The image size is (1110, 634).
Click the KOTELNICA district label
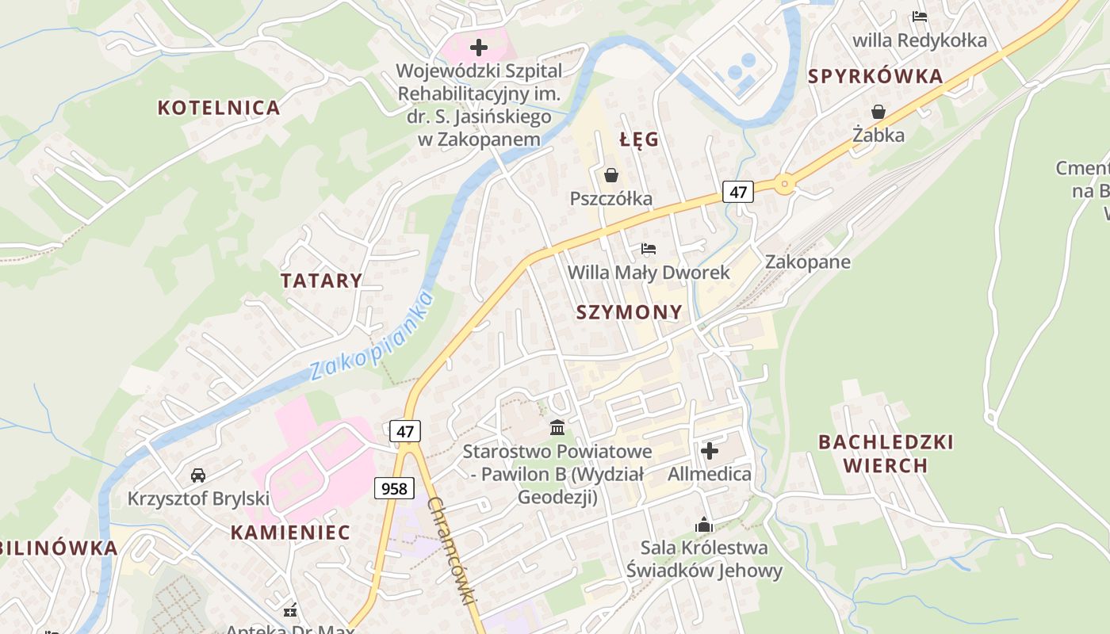click(x=219, y=108)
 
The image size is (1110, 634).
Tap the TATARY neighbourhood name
click(x=321, y=281)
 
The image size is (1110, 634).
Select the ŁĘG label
click(x=639, y=140)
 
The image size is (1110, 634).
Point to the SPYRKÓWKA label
click(x=875, y=77)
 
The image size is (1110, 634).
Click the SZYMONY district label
click(x=629, y=312)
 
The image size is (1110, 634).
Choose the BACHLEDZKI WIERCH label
click(x=886, y=453)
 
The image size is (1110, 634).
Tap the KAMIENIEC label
click(x=290, y=533)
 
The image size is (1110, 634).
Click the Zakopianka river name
click(x=372, y=336)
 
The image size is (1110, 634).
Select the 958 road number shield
click(x=394, y=488)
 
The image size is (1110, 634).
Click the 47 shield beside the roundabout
click(x=738, y=191)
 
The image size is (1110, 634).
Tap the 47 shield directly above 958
click(x=405, y=431)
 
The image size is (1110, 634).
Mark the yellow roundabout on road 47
click(x=784, y=185)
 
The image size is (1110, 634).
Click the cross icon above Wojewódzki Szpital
click(x=479, y=48)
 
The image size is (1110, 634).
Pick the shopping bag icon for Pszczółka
click(x=611, y=174)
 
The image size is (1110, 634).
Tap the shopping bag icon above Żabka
click(x=878, y=112)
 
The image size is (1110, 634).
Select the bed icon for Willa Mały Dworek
click(x=649, y=249)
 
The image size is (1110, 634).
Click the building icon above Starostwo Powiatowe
click(x=557, y=428)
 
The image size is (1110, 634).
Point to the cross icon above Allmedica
click(x=710, y=451)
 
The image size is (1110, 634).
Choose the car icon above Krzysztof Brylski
click(x=198, y=475)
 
